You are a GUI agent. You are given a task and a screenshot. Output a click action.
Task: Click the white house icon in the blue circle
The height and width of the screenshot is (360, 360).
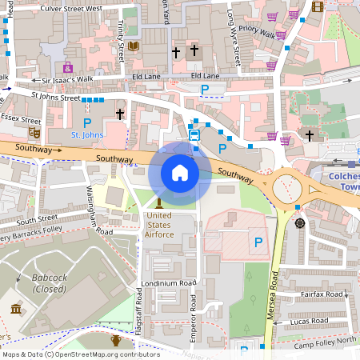tap(180, 173)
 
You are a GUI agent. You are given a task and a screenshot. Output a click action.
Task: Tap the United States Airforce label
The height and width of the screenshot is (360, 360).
tap(159, 224)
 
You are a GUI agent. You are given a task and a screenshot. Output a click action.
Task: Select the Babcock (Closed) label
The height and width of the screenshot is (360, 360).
tap(49, 283)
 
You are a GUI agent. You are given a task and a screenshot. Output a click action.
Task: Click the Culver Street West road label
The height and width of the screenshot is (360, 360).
tap(71, 8)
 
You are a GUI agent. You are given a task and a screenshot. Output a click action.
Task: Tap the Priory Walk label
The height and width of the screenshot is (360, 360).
tap(257, 31)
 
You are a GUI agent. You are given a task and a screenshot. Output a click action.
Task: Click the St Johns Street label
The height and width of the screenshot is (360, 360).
tap(55, 98)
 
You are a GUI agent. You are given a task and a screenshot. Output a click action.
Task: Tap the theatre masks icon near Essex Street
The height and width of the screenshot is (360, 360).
tap(34, 131)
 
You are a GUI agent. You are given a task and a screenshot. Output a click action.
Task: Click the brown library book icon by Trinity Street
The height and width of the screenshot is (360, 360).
tap(133, 46)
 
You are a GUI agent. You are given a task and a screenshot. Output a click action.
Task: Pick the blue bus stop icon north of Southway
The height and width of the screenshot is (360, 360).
tap(194, 134)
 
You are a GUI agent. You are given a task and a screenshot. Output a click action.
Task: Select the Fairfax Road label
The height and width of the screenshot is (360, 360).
tap(322, 295)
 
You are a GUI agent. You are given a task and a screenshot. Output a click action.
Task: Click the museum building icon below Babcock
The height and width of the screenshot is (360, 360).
tap(17, 309)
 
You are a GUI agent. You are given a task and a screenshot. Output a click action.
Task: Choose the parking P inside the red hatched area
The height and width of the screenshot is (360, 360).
tap(258, 242)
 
